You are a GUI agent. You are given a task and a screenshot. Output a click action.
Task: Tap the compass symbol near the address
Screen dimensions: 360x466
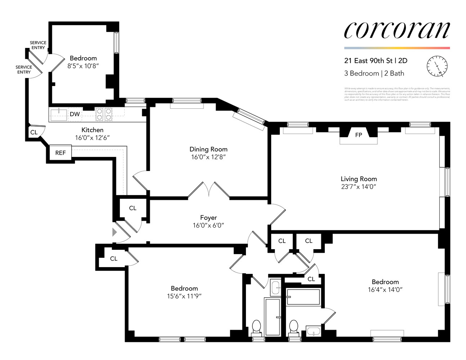(x=437, y=66)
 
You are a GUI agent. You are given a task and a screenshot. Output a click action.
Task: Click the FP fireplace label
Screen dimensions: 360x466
(x=358, y=135)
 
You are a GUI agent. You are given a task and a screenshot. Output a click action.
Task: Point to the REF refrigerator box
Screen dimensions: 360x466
(x=60, y=153)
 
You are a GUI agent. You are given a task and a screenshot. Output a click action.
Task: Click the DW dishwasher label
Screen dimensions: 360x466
(x=75, y=114)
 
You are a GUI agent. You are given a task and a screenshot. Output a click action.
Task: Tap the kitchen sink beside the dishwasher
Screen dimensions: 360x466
(x=58, y=114)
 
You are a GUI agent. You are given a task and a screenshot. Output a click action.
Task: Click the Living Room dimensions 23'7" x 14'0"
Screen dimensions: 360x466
(x=359, y=187)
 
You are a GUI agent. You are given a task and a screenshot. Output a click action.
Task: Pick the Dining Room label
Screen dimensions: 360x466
(x=209, y=149)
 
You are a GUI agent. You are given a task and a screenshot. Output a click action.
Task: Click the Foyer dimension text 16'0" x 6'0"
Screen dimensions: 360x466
(x=209, y=226)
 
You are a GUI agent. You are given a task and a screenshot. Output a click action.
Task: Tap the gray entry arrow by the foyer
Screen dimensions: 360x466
(x=115, y=232)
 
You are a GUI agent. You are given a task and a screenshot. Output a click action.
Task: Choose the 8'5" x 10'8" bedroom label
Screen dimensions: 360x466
(x=83, y=66)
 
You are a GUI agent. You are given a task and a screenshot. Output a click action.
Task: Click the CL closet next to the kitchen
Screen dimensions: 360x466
(x=34, y=132)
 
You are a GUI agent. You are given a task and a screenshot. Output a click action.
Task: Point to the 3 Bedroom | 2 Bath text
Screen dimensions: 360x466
(x=374, y=73)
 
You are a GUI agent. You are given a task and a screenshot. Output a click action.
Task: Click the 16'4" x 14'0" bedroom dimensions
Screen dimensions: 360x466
(x=385, y=290)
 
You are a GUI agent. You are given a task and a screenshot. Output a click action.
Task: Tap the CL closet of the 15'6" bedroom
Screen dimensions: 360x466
(x=114, y=258)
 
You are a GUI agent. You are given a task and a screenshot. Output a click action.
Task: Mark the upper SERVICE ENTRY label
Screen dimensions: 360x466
(x=38, y=45)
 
